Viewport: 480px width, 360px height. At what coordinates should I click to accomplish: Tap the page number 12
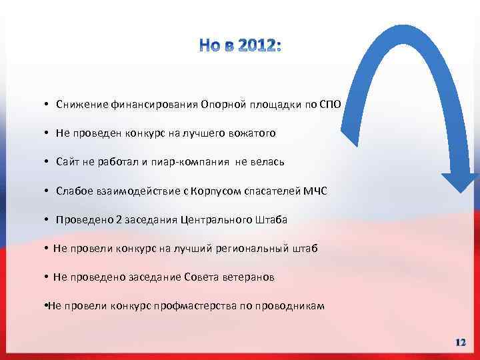(460, 342)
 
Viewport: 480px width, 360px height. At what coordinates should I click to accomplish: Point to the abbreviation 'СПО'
(330, 105)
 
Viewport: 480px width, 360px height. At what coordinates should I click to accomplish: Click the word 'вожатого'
(253, 133)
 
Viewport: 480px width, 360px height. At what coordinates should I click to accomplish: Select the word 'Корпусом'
(216, 191)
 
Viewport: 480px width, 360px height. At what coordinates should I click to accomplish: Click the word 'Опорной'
(219, 105)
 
